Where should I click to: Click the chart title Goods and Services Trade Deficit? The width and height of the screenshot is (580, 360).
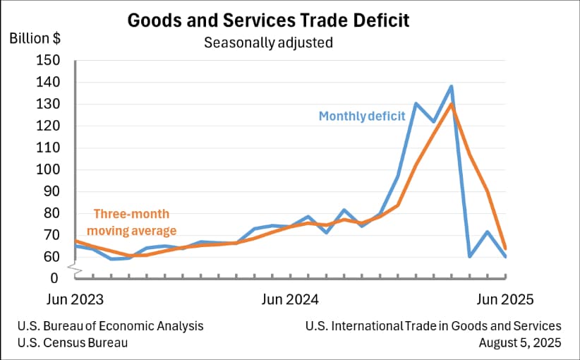point(268,20)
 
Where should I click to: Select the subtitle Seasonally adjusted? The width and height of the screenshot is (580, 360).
point(268,42)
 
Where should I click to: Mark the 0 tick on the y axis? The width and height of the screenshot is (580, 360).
point(53,278)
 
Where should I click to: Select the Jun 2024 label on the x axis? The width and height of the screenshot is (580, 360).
point(289,299)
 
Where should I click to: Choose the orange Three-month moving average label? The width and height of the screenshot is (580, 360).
point(135,222)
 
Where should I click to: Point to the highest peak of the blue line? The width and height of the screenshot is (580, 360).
point(451,87)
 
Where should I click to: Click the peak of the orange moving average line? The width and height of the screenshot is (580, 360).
point(451,104)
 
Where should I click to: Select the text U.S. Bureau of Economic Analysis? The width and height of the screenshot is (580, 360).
point(111,326)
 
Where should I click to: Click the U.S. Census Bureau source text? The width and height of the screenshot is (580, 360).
point(73,343)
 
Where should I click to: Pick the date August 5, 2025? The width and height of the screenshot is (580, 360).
point(519,343)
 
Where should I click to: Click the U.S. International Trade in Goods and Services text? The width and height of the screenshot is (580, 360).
point(433,326)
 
